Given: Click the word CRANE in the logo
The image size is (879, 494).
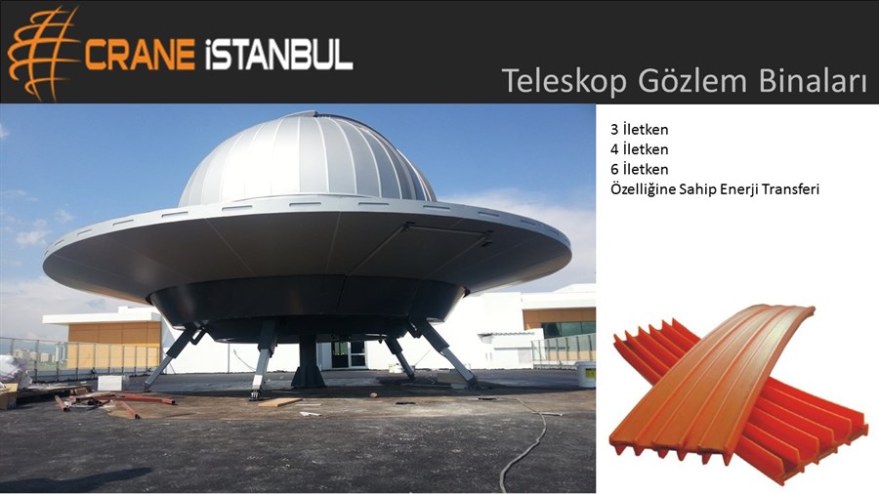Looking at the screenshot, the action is (x=140, y=55).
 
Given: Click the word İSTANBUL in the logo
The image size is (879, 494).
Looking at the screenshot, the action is (x=278, y=55).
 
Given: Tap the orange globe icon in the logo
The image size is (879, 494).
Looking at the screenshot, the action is (x=42, y=54).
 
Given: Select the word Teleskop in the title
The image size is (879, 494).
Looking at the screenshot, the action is (x=564, y=81).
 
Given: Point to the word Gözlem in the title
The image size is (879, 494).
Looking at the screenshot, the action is (x=692, y=80).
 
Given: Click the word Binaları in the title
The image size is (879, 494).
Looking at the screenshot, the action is (x=813, y=80).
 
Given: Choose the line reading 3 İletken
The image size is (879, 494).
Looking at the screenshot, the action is (x=639, y=130).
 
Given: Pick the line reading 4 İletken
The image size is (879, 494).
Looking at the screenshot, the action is (x=639, y=149).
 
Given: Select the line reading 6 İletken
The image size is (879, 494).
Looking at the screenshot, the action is (x=639, y=169).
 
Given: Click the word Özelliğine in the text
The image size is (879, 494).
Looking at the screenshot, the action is (x=643, y=189).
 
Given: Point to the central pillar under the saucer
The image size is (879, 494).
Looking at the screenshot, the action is (x=308, y=361).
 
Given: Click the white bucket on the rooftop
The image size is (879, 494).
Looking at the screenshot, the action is (x=586, y=374).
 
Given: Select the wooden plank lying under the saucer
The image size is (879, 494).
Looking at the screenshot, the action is (x=279, y=402).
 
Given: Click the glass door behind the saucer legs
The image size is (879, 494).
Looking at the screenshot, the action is (x=348, y=354).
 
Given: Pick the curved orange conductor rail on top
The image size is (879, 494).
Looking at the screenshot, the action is (x=712, y=381).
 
